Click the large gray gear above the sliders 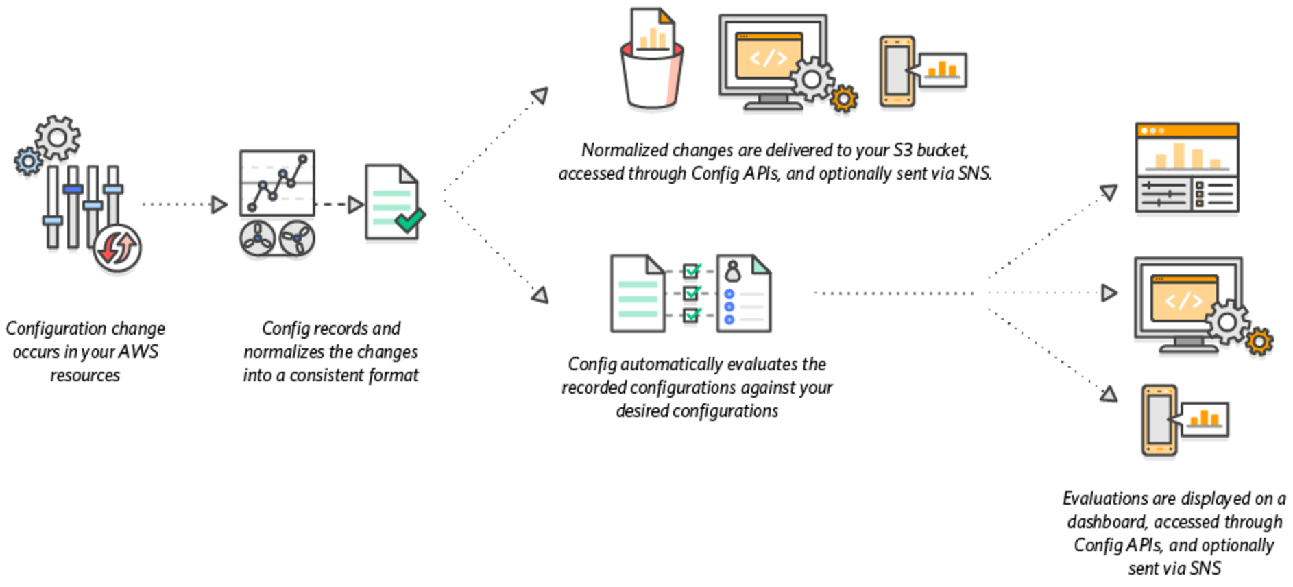click(58, 138)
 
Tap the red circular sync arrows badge click(117, 248)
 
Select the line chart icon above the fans click(277, 183)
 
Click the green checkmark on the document click(410, 221)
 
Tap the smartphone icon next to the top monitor click(897, 71)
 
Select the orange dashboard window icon click(1187, 168)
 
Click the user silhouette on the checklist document click(733, 271)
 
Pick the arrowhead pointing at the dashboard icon click(1109, 192)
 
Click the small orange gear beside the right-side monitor click(1259, 341)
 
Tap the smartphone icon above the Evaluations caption click(1159, 420)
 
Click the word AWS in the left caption click(138, 352)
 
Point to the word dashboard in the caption click(1106, 522)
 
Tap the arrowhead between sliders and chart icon click(219, 204)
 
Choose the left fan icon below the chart click(257, 239)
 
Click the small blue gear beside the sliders click(28, 161)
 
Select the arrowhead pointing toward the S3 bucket click(540, 95)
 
